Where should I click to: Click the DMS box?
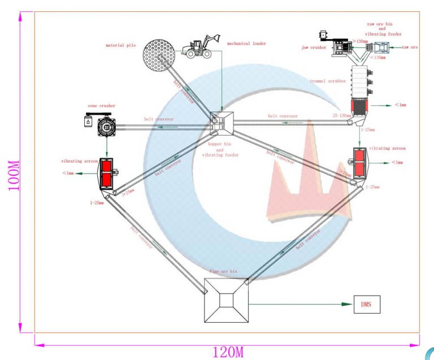click(x=367, y=304)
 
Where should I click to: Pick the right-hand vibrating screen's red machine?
click(x=358, y=162)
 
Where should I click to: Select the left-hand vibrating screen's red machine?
click(x=106, y=174)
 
